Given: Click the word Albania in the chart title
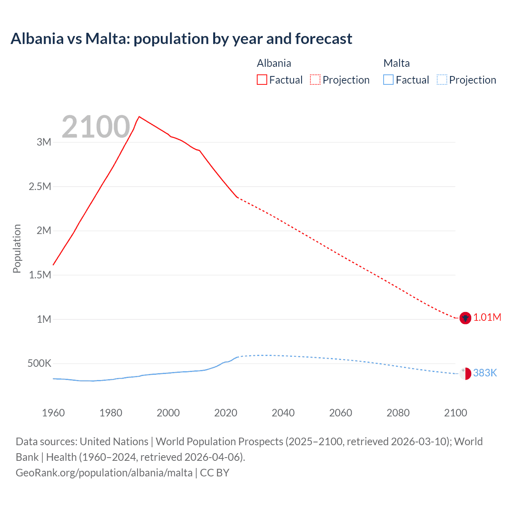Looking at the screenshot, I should click(37, 39).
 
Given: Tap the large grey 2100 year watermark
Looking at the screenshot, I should click(96, 127).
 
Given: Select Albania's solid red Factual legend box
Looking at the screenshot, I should click(262, 80).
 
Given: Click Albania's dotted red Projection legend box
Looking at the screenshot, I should click(315, 80).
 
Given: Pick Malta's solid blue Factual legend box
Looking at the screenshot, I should click(388, 80).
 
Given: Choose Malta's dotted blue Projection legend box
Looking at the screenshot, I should click(442, 80).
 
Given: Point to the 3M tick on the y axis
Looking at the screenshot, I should click(44, 142).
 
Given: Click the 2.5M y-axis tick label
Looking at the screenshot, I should click(40, 186).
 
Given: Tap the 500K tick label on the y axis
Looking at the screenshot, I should click(39, 364).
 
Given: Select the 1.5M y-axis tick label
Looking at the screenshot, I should click(40, 275).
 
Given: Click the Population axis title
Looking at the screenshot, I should click(17, 248).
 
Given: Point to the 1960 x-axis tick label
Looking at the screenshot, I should click(53, 413).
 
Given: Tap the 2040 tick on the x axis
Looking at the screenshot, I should click(283, 413).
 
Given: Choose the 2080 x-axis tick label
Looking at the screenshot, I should click(398, 413).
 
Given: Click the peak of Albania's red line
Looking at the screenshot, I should click(139, 117).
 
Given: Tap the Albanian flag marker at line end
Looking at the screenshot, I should click(465, 318).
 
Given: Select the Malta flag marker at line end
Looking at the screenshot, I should click(465, 374).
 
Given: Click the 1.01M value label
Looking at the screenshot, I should click(487, 318).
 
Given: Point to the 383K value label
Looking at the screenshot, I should click(485, 373).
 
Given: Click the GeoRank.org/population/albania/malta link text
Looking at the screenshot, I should click(104, 473).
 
